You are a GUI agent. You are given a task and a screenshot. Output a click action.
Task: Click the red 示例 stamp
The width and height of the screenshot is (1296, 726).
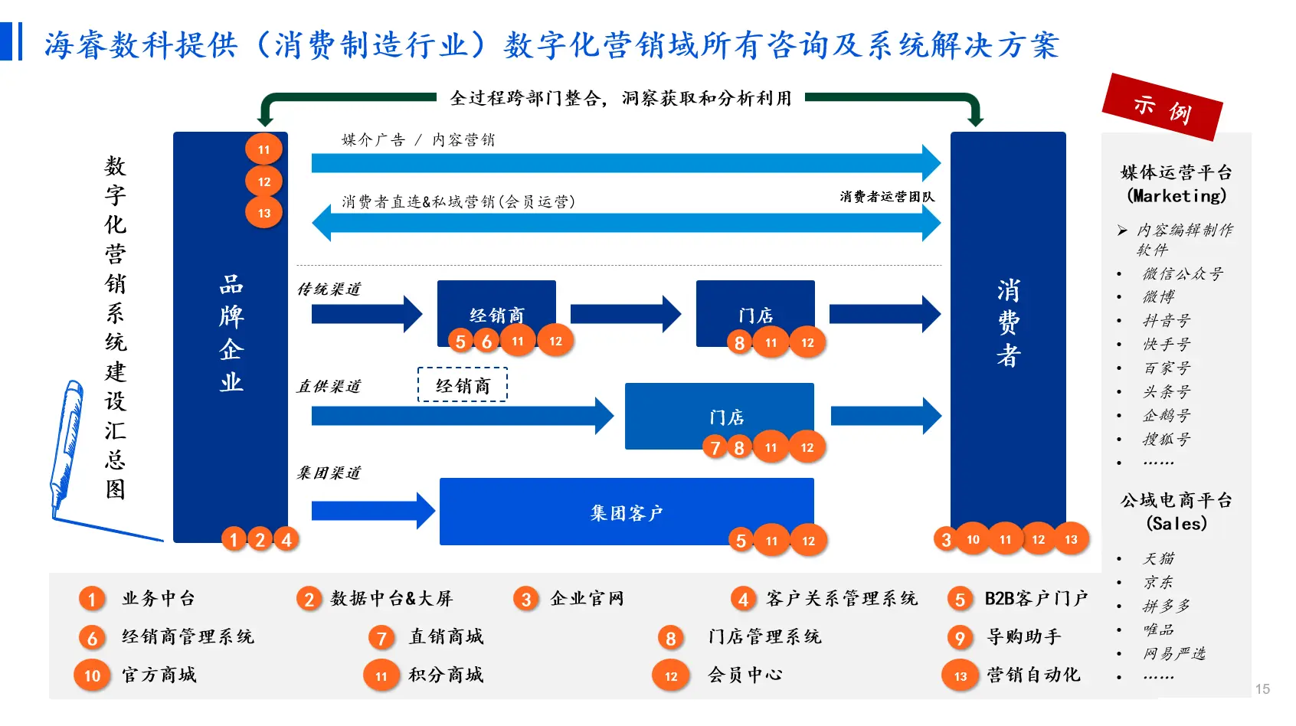click(1162, 107)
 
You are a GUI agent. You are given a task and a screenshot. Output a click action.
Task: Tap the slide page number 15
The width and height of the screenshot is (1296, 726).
click(1262, 689)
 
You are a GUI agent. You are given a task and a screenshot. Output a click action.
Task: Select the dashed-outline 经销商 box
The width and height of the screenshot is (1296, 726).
click(463, 385)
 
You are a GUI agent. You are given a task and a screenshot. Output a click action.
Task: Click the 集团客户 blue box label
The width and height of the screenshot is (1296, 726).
click(626, 512)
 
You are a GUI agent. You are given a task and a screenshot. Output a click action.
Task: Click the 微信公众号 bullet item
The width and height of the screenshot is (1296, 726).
click(1183, 273)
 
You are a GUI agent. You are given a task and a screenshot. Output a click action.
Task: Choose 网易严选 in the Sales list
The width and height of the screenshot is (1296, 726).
click(1174, 653)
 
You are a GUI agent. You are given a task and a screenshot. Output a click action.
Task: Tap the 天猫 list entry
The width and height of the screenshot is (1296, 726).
click(1158, 558)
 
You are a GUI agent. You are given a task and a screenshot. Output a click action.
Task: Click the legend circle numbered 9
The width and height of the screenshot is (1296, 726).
click(960, 637)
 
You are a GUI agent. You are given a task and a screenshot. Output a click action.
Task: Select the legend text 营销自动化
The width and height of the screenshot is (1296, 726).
click(1033, 675)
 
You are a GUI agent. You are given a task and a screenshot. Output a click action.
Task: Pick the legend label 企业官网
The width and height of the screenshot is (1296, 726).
click(587, 598)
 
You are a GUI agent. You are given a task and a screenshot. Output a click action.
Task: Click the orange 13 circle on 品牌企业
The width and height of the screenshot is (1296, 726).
click(264, 213)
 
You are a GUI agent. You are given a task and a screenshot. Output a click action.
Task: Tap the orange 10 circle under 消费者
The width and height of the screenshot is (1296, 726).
click(973, 539)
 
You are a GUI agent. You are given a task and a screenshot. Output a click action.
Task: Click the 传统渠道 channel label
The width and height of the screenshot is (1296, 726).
click(329, 289)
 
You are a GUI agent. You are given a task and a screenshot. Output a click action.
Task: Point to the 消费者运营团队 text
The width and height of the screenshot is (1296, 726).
click(887, 197)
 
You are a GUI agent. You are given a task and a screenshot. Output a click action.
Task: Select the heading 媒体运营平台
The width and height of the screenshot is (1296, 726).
click(1177, 172)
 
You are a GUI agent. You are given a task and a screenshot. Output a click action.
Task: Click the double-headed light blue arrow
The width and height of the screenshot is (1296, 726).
click(626, 224)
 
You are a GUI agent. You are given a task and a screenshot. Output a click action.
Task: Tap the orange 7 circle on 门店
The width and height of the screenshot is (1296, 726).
click(715, 447)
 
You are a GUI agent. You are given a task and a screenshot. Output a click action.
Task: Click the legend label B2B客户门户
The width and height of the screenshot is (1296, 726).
click(1036, 598)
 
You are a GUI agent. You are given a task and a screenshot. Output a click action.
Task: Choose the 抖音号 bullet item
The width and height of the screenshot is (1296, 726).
click(1167, 321)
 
